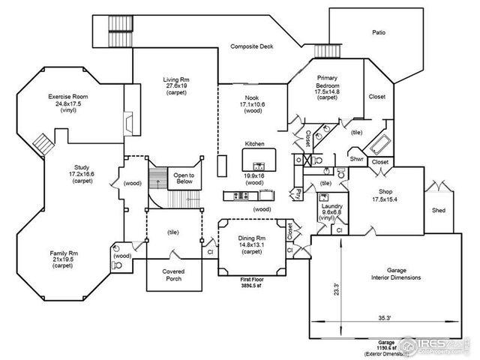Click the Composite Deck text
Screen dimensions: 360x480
click(252, 46)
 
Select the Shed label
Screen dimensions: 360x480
click(439, 210)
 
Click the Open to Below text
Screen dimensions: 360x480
click(184, 178)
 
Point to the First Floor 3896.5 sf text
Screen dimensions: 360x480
click(253, 283)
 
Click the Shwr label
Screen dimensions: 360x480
click(358, 158)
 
